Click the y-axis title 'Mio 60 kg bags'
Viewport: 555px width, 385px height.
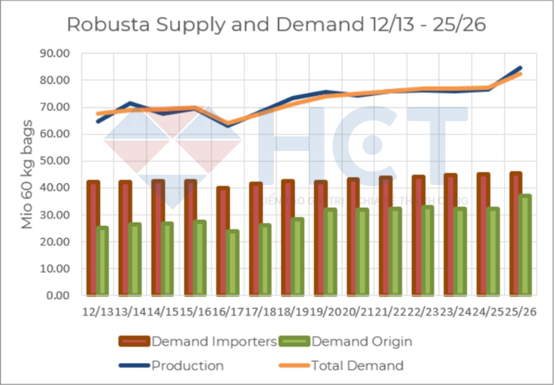click(x=27, y=174)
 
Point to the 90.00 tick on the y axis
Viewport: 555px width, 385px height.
click(x=55, y=53)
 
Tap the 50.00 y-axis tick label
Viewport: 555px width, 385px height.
click(x=55, y=161)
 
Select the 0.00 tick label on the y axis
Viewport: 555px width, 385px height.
click(x=58, y=296)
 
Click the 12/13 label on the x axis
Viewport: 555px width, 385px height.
click(x=98, y=312)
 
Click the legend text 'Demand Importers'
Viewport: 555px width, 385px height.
click(x=214, y=342)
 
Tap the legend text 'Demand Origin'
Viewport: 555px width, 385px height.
click(x=362, y=342)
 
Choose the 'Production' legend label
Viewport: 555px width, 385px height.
click(x=188, y=366)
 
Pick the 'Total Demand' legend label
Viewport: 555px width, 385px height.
click(x=357, y=366)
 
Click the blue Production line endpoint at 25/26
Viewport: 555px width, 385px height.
click(x=520, y=68)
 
